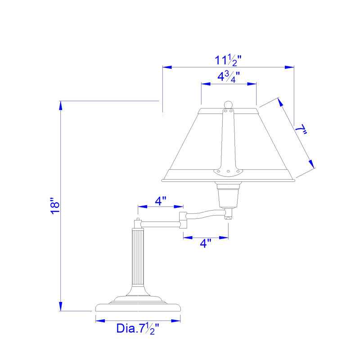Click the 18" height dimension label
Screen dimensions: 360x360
55,205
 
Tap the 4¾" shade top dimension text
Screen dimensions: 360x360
228,77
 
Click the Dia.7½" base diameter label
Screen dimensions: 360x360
138,328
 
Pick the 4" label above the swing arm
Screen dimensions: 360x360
161,201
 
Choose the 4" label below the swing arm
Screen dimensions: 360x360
206,243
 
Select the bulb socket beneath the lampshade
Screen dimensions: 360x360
229,196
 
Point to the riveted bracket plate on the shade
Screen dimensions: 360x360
229,171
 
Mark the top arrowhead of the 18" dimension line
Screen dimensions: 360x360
61,104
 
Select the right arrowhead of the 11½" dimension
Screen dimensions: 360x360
290,67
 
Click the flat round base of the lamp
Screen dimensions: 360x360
138,307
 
